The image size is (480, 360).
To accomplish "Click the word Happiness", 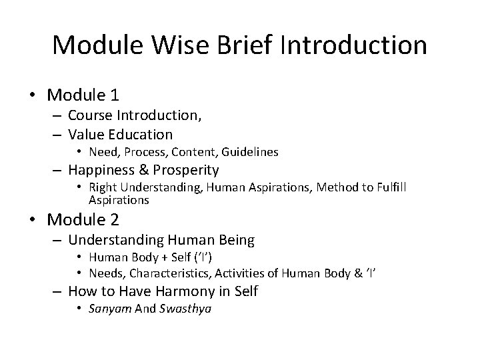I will pos(100,169).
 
